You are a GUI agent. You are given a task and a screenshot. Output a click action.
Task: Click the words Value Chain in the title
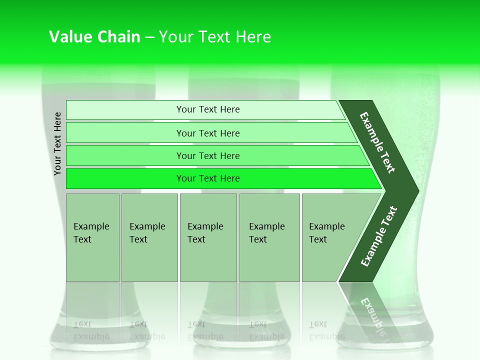94,37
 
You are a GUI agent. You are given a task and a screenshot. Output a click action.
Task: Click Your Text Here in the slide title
215,37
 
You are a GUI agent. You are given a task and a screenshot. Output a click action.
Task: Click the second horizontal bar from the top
207,133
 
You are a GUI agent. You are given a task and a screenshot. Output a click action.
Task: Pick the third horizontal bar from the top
207,155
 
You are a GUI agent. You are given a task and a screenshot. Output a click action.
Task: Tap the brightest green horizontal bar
207,178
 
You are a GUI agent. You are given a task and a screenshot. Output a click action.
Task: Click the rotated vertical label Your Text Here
57,143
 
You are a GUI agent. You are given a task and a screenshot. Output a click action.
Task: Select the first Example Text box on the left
92,237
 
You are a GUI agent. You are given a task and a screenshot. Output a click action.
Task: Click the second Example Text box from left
149,237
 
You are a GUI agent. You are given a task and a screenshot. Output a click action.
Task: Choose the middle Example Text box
208,237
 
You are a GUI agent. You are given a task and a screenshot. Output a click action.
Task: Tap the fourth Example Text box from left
269,237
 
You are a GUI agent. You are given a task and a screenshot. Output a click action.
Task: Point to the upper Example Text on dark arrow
377,142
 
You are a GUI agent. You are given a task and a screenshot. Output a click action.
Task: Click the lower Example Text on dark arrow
378,236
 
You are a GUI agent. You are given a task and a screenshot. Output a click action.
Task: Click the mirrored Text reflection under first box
83,324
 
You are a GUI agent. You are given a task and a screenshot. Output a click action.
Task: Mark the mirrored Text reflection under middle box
196,324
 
